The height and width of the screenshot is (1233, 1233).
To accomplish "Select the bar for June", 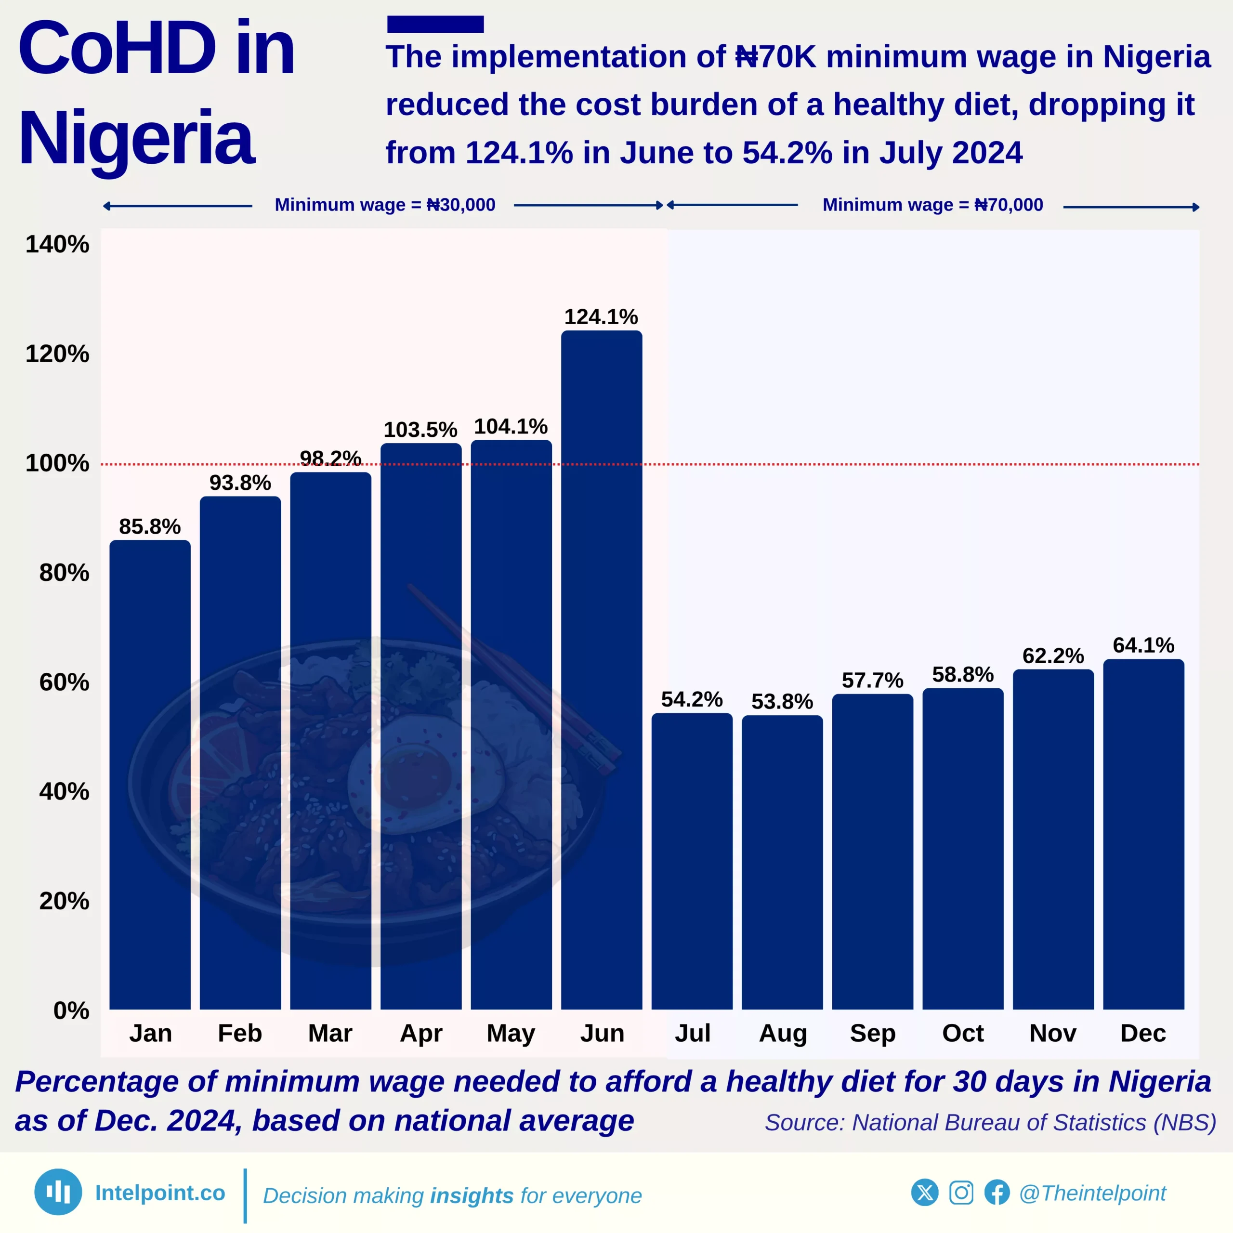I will (x=601, y=670).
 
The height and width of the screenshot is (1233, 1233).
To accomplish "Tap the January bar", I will (x=150, y=775).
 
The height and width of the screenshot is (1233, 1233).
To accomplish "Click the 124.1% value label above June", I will (x=601, y=316).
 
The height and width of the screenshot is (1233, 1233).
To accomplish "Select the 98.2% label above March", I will (x=330, y=458).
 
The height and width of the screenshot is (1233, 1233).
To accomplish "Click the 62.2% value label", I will (x=1053, y=656).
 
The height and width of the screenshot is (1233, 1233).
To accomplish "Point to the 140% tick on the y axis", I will (x=57, y=244).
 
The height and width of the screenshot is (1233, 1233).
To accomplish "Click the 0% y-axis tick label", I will (x=71, y=1010).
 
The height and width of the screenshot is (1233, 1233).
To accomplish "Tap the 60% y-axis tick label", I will (x=64, y=682).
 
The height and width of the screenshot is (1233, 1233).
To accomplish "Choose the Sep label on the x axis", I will (x=872, y=1033).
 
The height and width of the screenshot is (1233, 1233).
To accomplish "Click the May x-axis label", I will (x=511, y=1033).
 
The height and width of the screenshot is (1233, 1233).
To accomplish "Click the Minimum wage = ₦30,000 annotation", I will (x=385, y=205).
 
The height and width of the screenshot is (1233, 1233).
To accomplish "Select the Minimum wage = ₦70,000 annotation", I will (x=932, y=205).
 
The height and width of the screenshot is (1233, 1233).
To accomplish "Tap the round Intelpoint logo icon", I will (x=58, y=1192).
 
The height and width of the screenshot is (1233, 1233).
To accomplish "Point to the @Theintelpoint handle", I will (x=1092, y=1193).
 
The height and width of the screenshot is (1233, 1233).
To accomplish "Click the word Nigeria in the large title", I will (x=137, y=138).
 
